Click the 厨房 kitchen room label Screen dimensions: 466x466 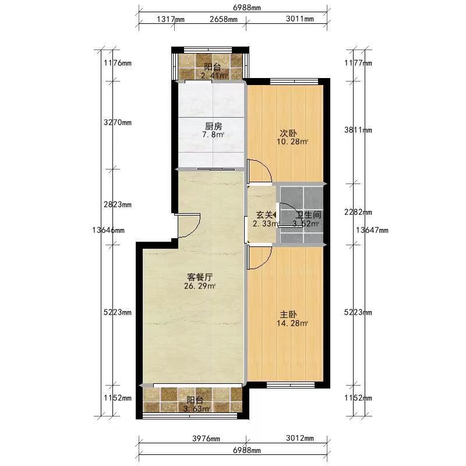pyautogui.click(x=213, y=126)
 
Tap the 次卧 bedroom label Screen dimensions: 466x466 pyautogui.click(x=288, y=133)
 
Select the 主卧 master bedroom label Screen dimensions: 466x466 pyautogui.click(x=288, y=315)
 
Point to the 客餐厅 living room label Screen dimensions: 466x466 pyautogui.click(x=200, y=277)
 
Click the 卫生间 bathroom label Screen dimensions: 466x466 pyautogui.click(x=309, y=214)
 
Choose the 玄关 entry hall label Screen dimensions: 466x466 pyautogui.click(x=264, y=214)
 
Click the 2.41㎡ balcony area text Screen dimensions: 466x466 pyautogui.click(x=214, y=76)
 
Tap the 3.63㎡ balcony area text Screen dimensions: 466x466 pyautogui.click(x=196, y=409)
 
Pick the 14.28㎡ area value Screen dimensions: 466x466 pyautogui.click(x=292, y=323)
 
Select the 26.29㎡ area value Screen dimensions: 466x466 pyautogui.click(x=200, y=286)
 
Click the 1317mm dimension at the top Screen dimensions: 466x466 pyautogui.click(x=171, y=19)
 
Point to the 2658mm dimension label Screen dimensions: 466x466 pyautogui.click(x=224, y=19)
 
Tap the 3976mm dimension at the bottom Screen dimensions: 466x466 pyautogui.click(x=206, y=439)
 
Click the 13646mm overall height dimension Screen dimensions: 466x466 pyautogui.click(x=108, y=230)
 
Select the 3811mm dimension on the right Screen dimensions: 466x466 pyautogui.click(x=358, y=130)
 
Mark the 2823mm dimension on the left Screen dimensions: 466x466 pyautogui.click(x=118, y=204)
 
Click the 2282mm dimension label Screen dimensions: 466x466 pyautogui.click(x=358, y=212)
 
